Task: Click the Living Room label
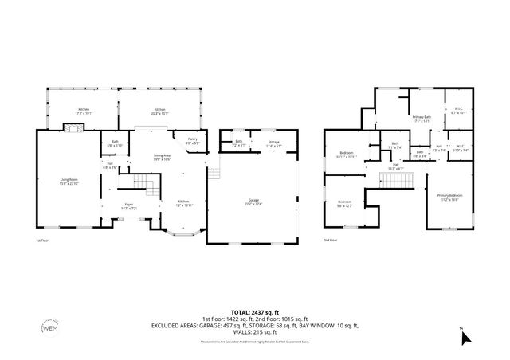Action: [68, 182]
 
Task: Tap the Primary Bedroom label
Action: [448, 198]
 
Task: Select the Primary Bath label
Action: [422, 119]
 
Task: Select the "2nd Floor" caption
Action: [331, 239]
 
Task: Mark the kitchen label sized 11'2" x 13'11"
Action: [184, 202]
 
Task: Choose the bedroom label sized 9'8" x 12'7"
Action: [344, 203]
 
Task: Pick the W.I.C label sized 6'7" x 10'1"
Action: [458, 111]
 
